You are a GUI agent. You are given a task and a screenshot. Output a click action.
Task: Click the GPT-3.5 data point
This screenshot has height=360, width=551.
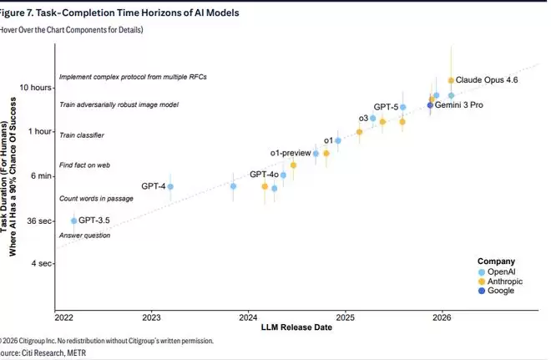coord(73,221)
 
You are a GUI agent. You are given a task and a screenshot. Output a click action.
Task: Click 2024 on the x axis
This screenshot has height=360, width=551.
coord(249,318)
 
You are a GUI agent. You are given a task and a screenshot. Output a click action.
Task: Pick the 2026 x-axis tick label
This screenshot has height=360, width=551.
coord(442,318)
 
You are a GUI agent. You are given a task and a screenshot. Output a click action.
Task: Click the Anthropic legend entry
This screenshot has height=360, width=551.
coord(508,281)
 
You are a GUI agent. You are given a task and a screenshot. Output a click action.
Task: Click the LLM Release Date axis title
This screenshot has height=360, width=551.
coord(296,328)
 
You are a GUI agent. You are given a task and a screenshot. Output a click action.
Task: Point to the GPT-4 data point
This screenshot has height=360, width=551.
coord(170,186)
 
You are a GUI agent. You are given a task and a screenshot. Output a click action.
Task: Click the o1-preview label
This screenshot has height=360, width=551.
coord(290,153)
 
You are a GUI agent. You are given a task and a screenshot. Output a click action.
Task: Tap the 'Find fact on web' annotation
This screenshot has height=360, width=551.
coord(85,165)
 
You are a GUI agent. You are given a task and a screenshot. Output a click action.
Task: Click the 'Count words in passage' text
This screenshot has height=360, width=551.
coord(96,199)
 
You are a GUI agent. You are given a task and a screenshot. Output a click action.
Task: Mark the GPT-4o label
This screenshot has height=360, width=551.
coord(264,174)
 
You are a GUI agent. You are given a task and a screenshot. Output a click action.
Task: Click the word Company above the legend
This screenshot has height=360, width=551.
coord(496,261)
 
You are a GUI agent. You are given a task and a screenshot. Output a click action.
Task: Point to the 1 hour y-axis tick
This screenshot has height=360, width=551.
coord(40,132)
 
